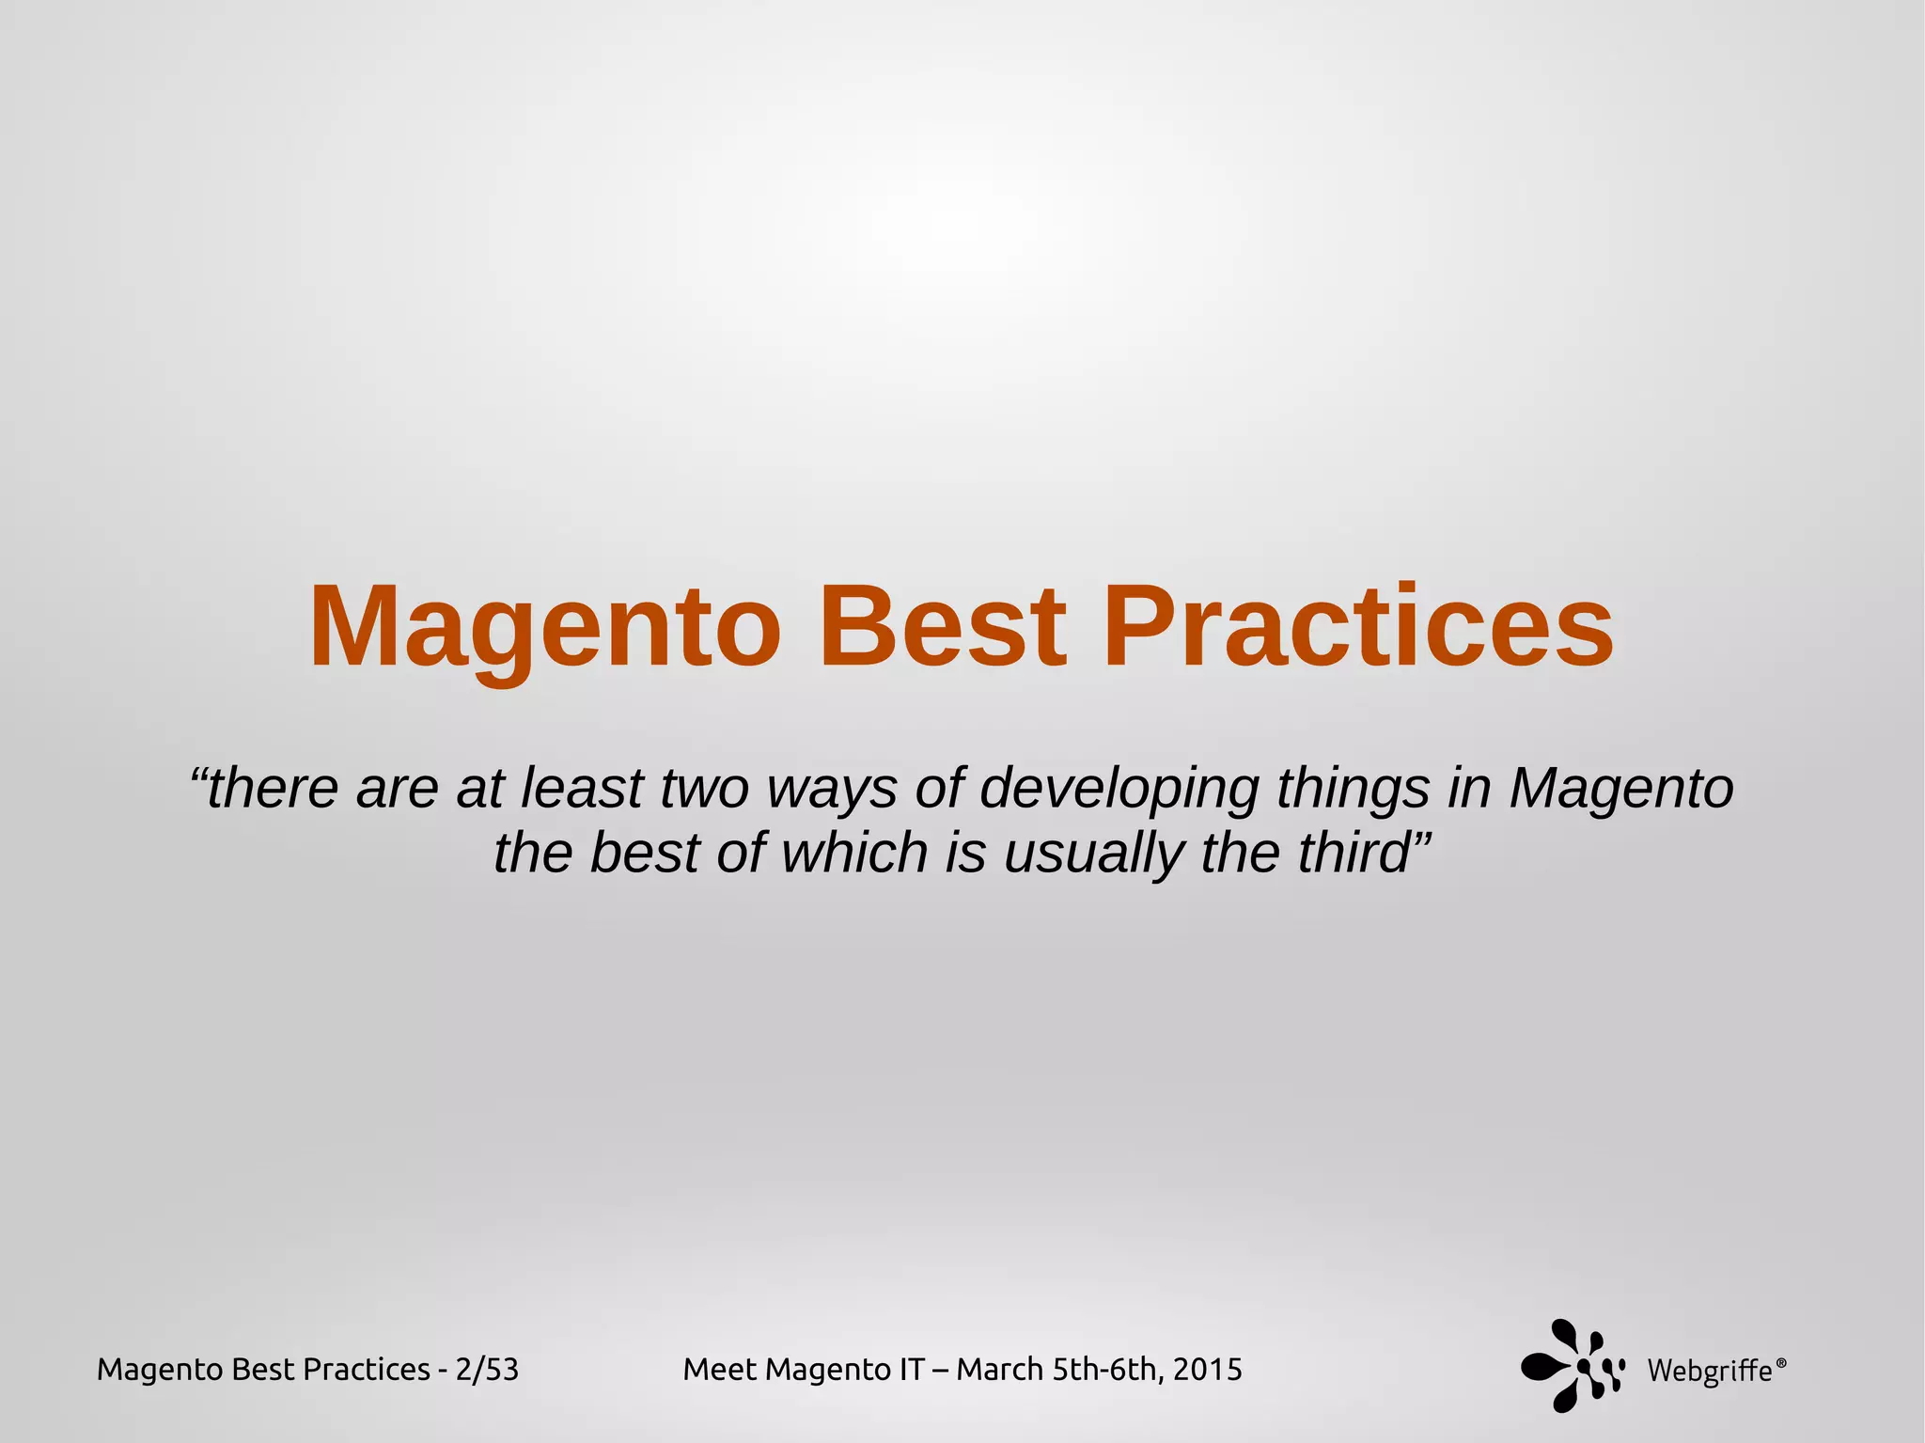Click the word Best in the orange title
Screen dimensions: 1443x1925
click(x=943, y=627)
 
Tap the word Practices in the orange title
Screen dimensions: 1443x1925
click(x=1358, y=627)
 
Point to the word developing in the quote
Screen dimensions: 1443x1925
click(x=1119, y=790)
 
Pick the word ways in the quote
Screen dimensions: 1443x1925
click(x=833, y=790)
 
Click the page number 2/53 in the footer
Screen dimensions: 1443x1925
click(x=487, y=1370)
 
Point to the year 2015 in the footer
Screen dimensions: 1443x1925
click(x=1208, y=1370)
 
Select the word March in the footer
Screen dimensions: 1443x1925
click(x=1000, y=1370)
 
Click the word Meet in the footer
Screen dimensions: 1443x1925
click(x=721, y=1370)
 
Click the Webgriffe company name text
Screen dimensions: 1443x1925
click(x=1709, y=1372)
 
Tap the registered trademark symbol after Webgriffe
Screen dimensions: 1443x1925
click(x=1781, y=1361)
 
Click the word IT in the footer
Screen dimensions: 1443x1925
click(x=912, y=1370)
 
